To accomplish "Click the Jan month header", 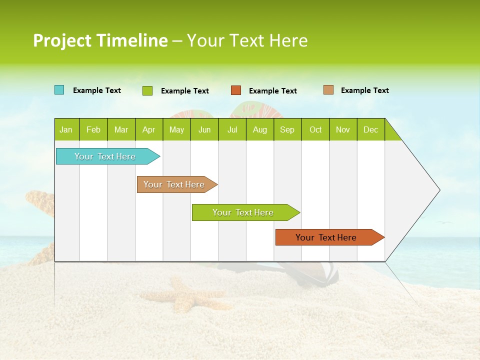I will pyautogui.click(x=66, y=129).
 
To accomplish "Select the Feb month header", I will pyautogui.click(x=93, y=129).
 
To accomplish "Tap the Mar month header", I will pyautogui.click(x=121, y=129).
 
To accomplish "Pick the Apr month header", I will pyautogui.click(x=149, y=129).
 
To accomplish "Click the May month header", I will pyautogui.click(x=176, y=129).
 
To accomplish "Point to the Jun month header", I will pyautogui.click(x=204, y=129).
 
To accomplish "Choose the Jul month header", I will pyautogui.click(x=232, y=129).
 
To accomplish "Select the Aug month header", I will pyautogui.click(x=260, y=129).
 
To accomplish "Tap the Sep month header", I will pyautogui.click(x=287, y=129).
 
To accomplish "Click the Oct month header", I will pyautogui.click(x=315, y=129).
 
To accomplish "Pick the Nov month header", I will pyautogui.click(x=343, y=129).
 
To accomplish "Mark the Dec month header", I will pyautogui.click(x=370, y=129).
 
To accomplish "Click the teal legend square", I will pyautogui.click(x=59, y=90).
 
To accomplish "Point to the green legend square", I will pyautogui.click(x=147, y=90).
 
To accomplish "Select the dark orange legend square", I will pyautogui.click(x=236, y=90).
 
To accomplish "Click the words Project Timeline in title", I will pyautogui.click(x=100, y=40).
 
